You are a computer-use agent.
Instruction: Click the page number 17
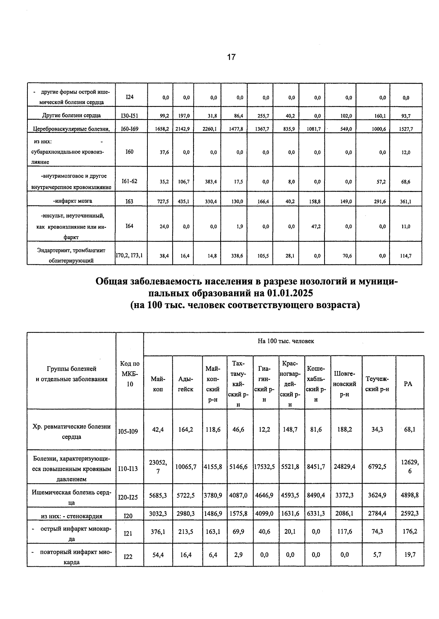coord(231,57)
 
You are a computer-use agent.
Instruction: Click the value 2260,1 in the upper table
coord(210,129)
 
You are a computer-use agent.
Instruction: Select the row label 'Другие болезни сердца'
coord(71,116)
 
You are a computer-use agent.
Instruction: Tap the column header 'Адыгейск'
coord(185,384)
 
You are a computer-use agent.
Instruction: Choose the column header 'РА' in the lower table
coord(408,384)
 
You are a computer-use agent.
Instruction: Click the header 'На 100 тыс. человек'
coord(286,341)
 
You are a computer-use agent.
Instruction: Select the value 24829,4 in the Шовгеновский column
coord(344,467)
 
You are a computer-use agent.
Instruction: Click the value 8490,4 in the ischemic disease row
coord(316,495)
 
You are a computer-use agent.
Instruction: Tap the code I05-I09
coord(128,432)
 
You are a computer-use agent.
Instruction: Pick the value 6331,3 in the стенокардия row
coord(316,513)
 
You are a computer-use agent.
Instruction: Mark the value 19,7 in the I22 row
coord(410,555)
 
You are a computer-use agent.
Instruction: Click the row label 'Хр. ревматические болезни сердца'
coord(72,431)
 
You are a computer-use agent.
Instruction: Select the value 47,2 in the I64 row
coord(316,227)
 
